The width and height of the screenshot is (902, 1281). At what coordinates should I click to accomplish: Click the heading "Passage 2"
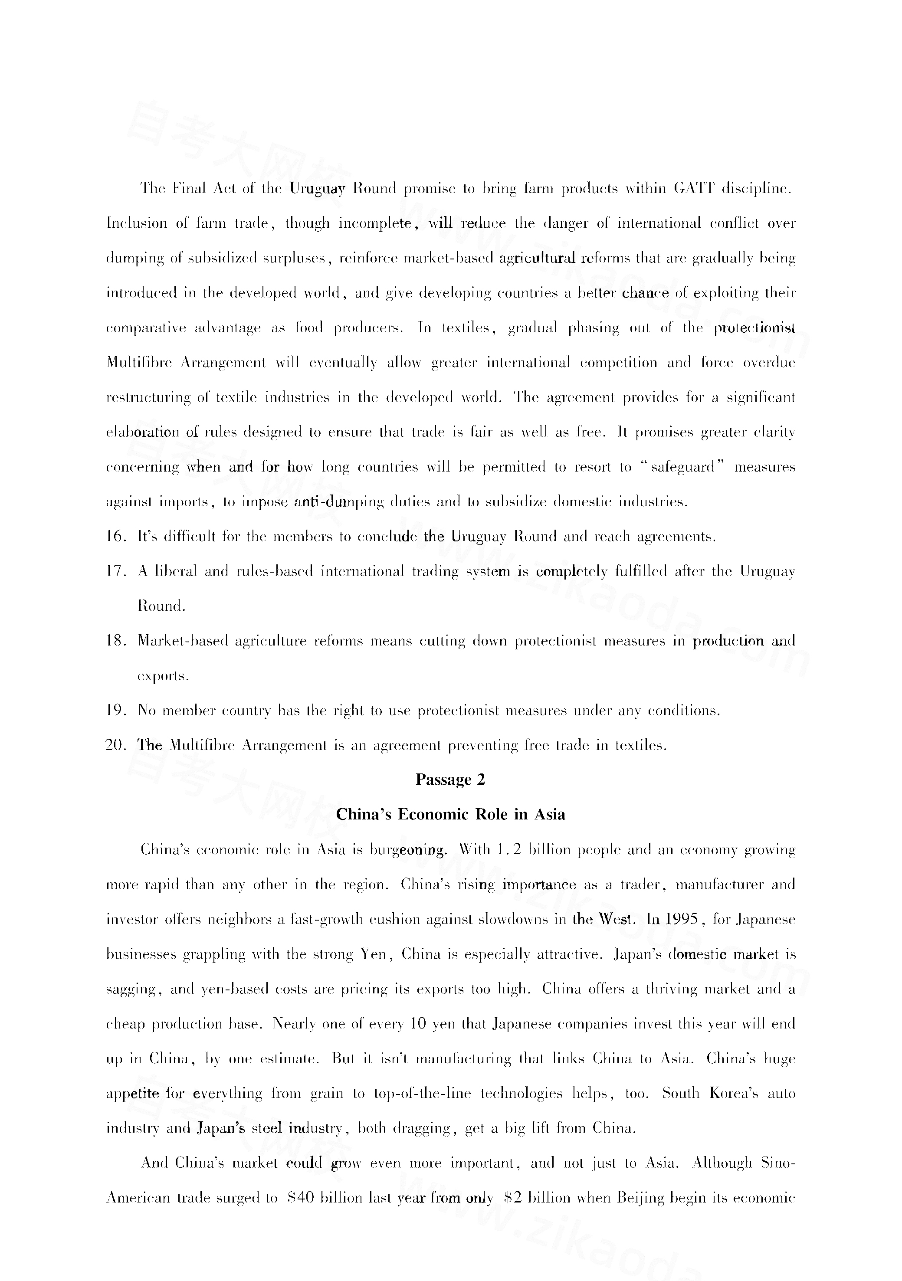[450, 780]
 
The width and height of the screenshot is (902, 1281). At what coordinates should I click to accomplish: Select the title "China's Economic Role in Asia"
[450, 815]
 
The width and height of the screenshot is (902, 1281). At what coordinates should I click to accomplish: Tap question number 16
[116, 537]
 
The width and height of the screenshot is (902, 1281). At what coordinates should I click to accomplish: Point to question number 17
[116, 572]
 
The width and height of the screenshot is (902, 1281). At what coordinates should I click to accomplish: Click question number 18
[116, 641]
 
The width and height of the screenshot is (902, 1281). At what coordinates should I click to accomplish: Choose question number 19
[116, 711]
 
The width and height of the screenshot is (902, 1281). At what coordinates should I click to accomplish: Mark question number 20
[117, 745]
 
